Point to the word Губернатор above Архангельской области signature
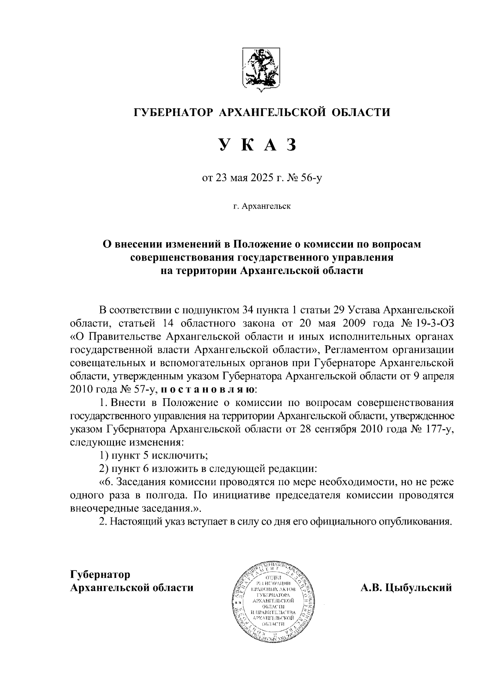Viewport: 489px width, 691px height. coord(100,575)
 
